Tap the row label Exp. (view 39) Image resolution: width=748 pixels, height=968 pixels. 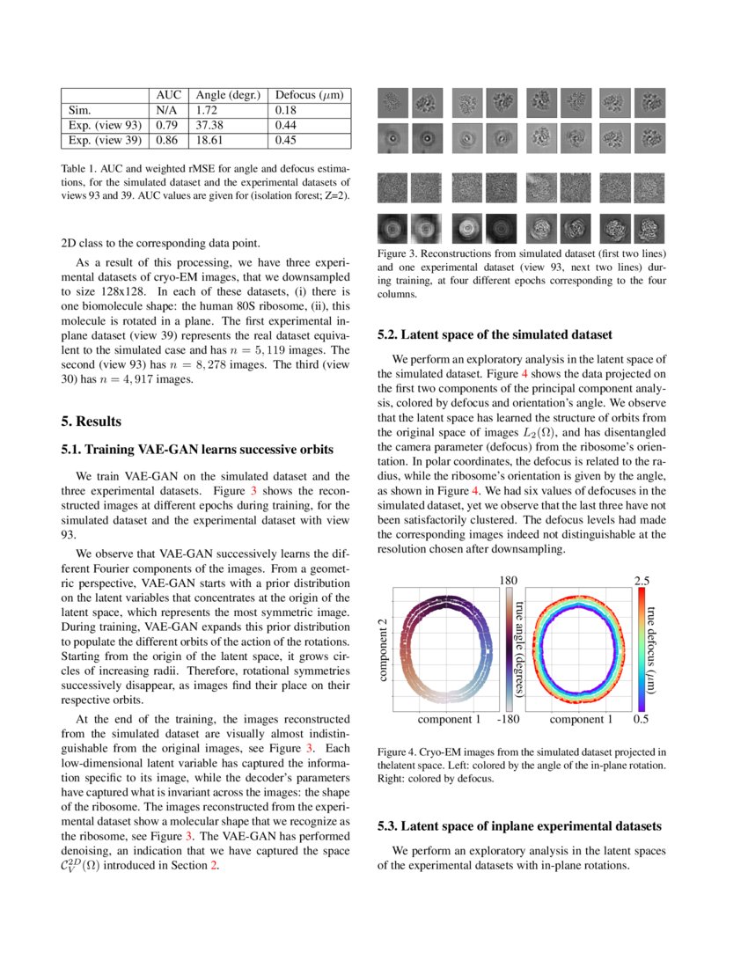tap(105, 140)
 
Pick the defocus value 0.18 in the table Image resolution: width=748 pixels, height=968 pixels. tap(286, 110)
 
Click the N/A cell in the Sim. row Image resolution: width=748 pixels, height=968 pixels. tap(167, 110)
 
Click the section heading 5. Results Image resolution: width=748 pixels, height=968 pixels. tap(97, 421)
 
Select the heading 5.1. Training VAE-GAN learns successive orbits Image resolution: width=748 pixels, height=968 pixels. tap(197, 450)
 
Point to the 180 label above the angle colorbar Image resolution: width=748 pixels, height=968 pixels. tap(509, 580)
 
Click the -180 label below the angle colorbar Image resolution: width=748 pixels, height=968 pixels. tap(508, 720)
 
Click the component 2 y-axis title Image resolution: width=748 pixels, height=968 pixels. tap(383, 649)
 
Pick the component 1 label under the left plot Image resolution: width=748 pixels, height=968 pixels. tap(449, 720)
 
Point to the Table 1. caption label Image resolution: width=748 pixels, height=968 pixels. tap(82, 167)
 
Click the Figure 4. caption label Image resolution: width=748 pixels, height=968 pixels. tap(400, 752)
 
